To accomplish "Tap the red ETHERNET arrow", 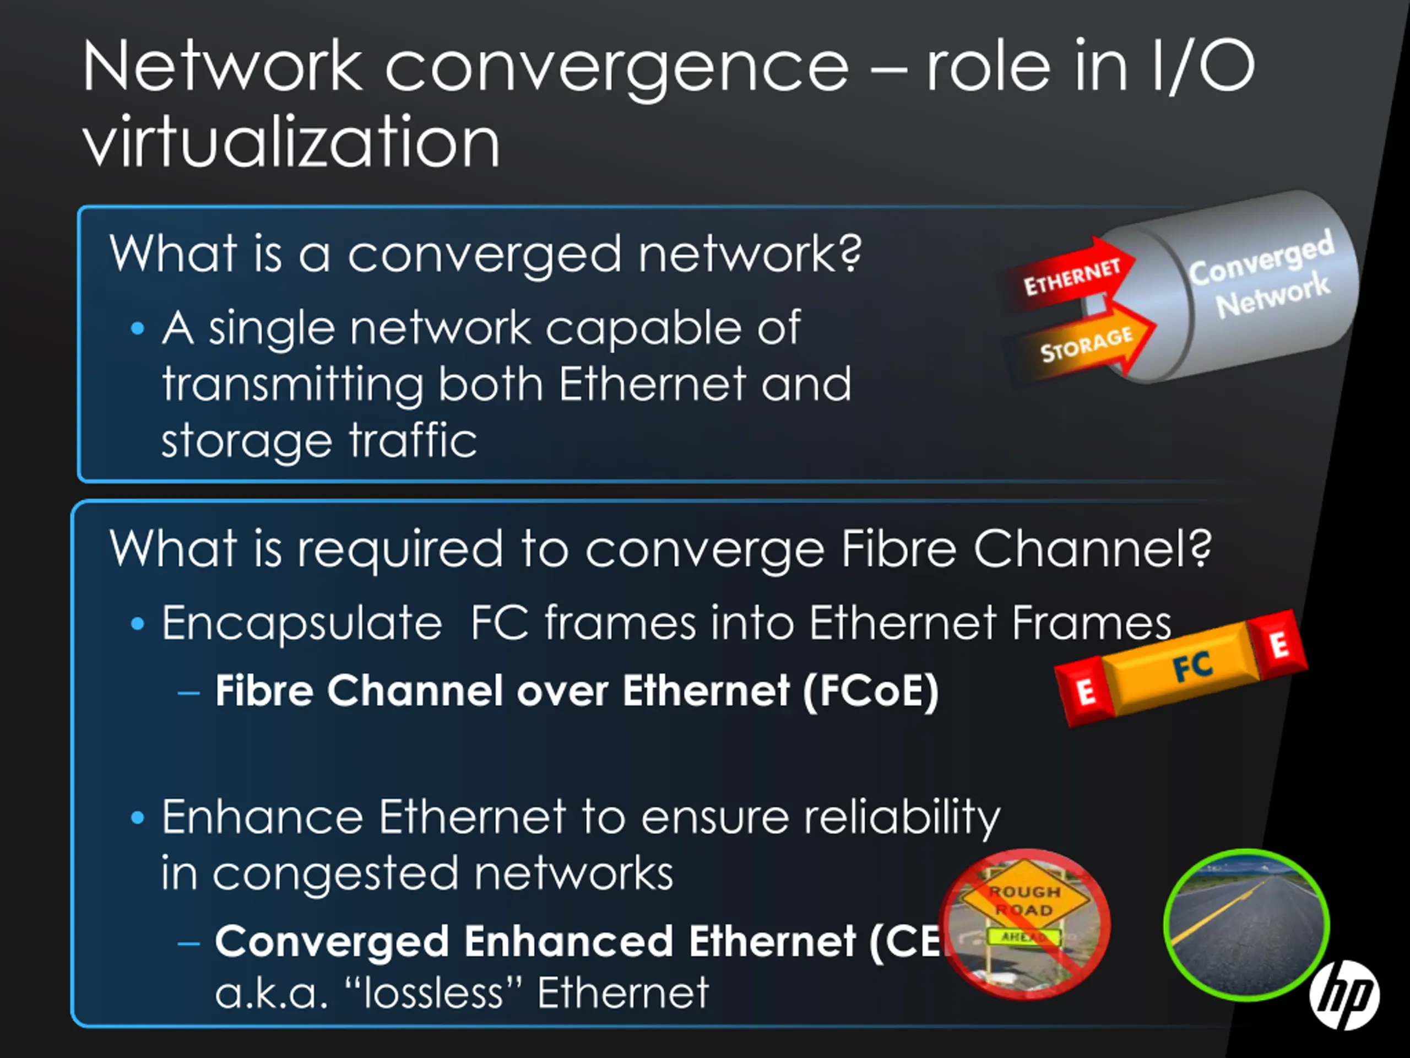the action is [x=1071, y=276].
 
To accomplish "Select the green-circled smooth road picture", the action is [x=1246, y=925].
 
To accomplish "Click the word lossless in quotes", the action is [x=433, y=992].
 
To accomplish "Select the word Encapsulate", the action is [x=301, y=624].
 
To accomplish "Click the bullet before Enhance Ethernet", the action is [x=137, y=818].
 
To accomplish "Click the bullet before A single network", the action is [x=137, y=329].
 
